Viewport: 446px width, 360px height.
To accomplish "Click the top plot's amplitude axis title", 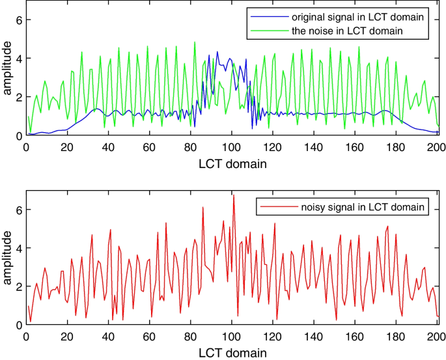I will coord(7,68).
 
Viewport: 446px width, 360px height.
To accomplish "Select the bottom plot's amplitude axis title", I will coord(7,258).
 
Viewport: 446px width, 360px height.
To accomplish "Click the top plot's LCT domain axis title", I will coord(232,163).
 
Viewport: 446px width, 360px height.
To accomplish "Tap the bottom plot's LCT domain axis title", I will coord(232,352).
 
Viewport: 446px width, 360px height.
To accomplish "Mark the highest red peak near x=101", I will coord(233,195).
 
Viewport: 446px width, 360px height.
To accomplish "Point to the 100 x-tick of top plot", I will coord(232,146).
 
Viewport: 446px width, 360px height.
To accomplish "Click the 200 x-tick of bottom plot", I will coord(438,336).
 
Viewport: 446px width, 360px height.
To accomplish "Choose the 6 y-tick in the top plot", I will coord(19,21).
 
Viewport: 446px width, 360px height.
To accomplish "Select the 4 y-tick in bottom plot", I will coord(19,248).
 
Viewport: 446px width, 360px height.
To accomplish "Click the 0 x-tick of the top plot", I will coord(25,146).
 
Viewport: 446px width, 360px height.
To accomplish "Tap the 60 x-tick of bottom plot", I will coord(149,336).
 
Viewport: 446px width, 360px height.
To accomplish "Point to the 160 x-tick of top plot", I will coord(355,146).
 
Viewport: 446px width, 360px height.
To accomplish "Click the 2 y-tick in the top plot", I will coord(19,97).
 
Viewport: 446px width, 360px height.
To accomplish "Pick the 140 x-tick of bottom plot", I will coord(314,336).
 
